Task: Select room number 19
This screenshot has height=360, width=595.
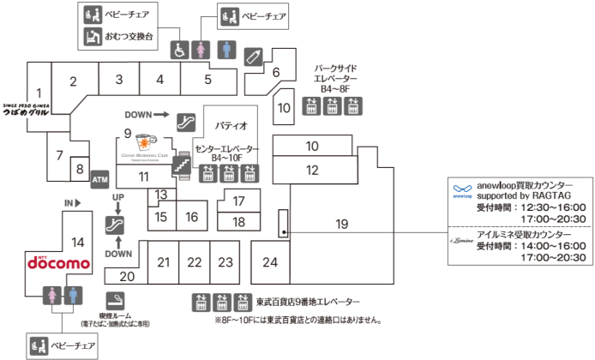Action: [341, 225]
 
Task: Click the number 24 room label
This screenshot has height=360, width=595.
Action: [271, 261]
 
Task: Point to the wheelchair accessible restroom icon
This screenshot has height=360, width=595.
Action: [180, 50]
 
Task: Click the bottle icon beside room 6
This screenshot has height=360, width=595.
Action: [253, 57]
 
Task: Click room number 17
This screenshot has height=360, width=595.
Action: [239, 201]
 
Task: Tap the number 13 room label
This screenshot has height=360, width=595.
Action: [159, 195]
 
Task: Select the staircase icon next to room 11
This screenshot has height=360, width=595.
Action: [181, 164]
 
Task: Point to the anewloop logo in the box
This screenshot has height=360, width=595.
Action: [462, 189]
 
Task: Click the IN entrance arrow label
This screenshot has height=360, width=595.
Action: [72, 202]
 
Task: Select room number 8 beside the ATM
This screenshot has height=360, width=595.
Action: [80, 169]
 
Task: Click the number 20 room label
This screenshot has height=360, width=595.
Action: [127, 276]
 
